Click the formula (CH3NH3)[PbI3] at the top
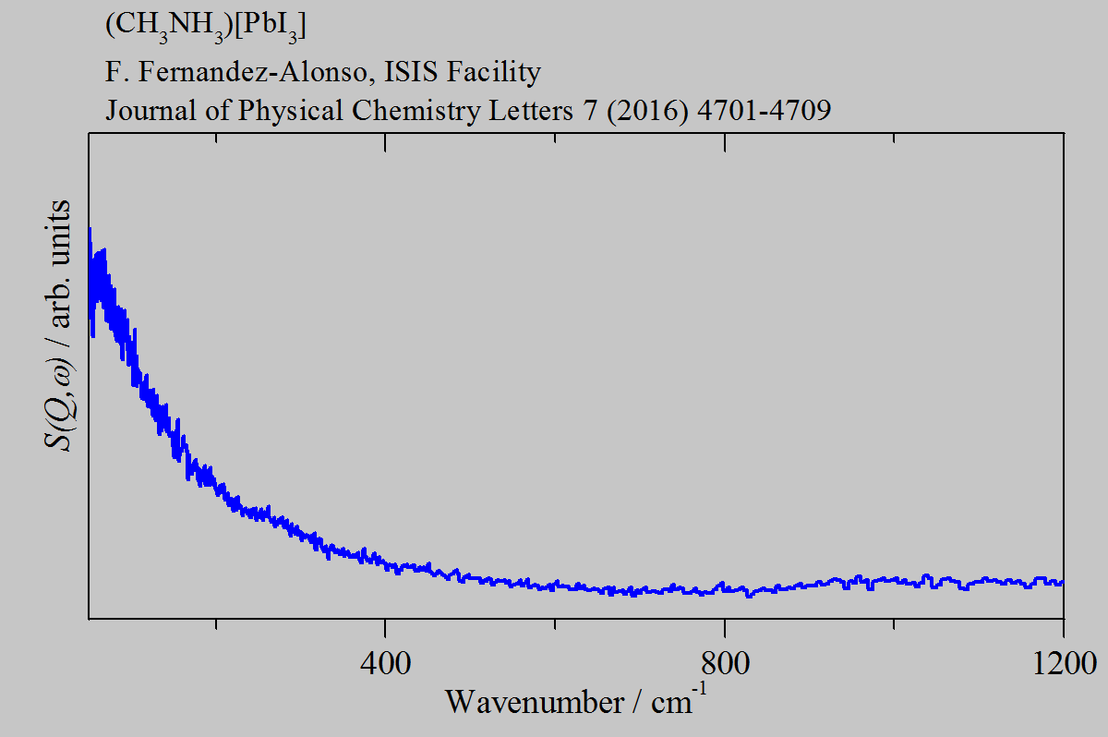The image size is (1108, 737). pos(206,26)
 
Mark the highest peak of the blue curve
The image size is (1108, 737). pos(90,228)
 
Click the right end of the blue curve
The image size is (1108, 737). pos(1063,582)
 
